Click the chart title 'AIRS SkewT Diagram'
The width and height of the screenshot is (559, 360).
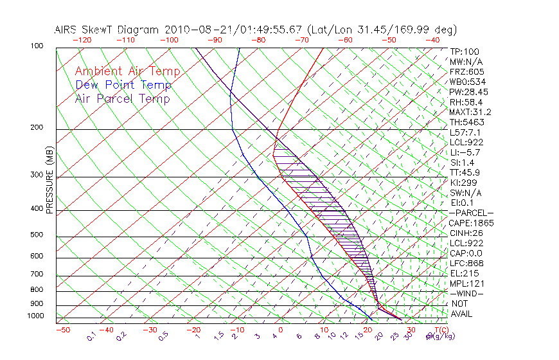point(107,30)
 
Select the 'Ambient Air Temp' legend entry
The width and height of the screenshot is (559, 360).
point(127,71)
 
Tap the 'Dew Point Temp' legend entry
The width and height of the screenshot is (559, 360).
point(123,85)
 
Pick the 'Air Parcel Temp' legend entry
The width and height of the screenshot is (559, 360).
point(122,98)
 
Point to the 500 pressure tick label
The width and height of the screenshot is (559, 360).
point(37,235)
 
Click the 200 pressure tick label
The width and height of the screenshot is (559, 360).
point(37,128)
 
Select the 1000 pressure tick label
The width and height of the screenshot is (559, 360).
point(35,316)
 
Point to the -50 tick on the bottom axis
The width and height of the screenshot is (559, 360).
point(62,330)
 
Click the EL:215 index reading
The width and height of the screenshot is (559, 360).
point(462,273)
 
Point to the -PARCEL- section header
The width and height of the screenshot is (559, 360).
point(471,213)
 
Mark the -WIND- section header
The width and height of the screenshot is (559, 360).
point(467,293)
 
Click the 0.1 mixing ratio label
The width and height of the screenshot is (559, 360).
point(92,336)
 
